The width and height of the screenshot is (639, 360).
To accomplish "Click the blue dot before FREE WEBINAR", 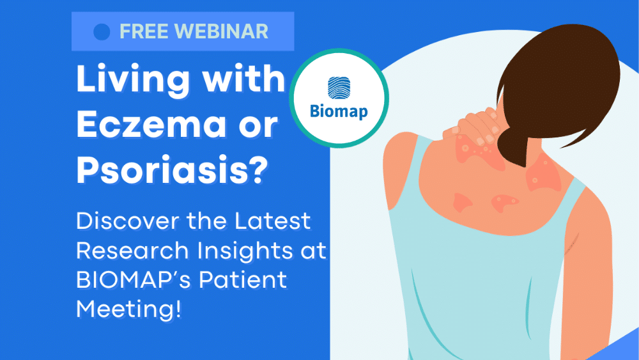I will tap(102, 31).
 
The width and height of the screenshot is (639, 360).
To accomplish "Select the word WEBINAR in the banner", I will tap(224, 31).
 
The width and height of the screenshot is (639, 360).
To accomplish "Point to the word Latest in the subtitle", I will tap(272, 222).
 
